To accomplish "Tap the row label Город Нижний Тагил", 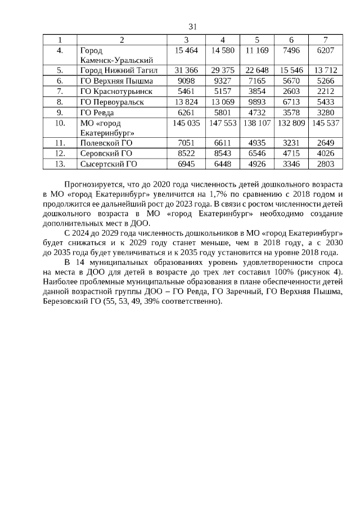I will point(119,70).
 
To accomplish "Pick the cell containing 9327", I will point(223,81).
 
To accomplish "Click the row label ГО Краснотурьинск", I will point(116,91).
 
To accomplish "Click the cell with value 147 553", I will point(223,123).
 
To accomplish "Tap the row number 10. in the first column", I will point(60,123).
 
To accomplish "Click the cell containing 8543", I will point(223,153).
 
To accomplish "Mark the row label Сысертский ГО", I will point(109,164).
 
